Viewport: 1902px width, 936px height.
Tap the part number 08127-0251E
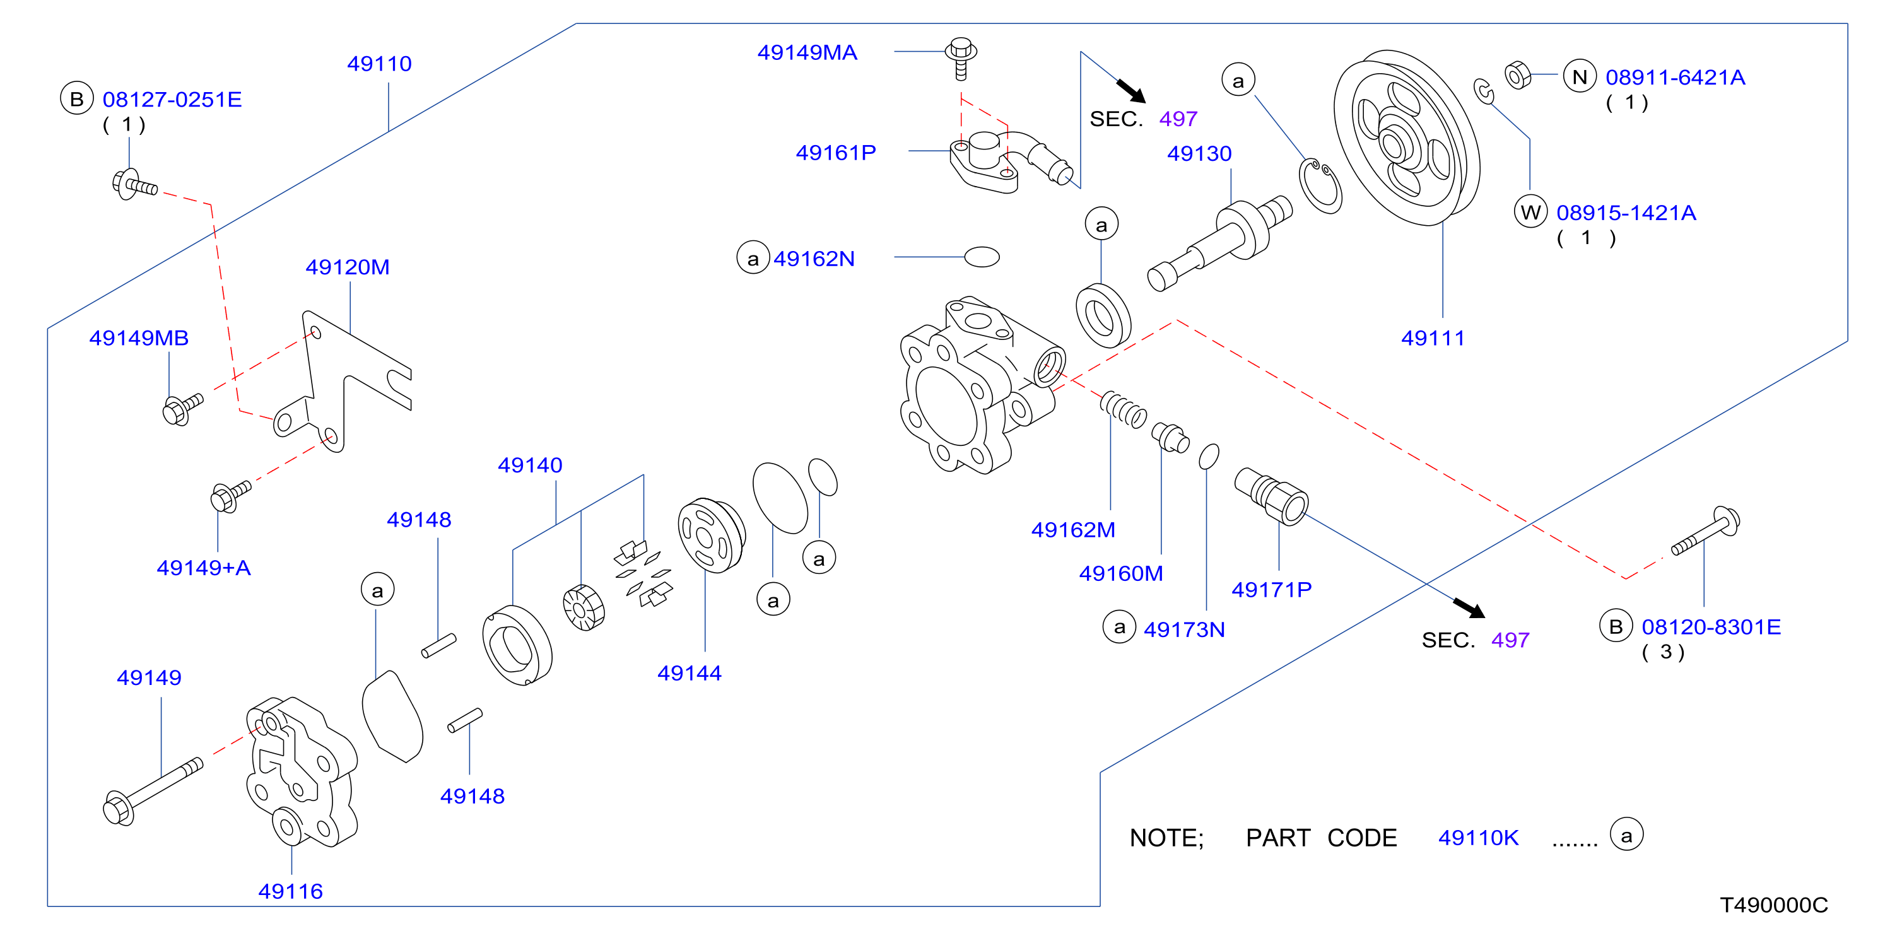pos(172,100)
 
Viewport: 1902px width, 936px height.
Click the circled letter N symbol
pos(1580,77)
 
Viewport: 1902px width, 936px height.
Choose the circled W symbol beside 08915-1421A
pos(1530,213)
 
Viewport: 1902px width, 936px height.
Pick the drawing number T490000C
pos(1773,905)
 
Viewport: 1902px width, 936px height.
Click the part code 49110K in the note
pos(1478,838)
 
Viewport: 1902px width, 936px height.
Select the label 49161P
pos(836,153)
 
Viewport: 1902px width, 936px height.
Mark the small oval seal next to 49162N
pos(982,257)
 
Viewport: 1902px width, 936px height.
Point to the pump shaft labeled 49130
pos(1220,243)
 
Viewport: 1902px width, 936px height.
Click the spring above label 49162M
pos(1123,410)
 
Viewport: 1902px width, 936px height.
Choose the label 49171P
pos(1271,590)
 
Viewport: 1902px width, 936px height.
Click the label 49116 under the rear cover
pos(290,892)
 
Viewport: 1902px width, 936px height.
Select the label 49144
pos(690,673)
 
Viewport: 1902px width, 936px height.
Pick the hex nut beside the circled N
pos(1518,75)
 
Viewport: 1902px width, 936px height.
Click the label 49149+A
pos(204,568)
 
